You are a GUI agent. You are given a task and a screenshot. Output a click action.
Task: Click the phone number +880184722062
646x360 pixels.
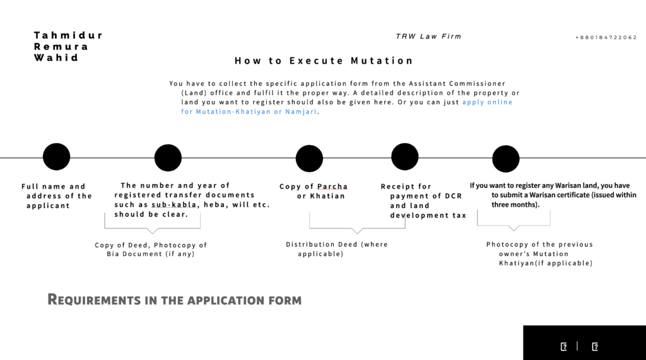coord(606,37)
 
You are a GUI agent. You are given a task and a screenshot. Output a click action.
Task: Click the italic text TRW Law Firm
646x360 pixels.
coord(428,36)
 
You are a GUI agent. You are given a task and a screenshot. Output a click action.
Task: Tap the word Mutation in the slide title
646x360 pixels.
coord(382,61)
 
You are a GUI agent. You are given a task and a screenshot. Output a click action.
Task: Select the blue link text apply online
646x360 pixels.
coord(488,102)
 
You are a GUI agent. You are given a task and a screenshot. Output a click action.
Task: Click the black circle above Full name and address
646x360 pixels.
coord(56,156)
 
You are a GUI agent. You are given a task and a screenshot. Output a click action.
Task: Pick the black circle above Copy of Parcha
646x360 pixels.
coord(309,159)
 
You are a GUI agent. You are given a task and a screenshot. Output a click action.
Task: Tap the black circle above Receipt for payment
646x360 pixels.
coord(404,156)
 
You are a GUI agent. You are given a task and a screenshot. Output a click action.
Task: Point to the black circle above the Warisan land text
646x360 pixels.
coord(505,159)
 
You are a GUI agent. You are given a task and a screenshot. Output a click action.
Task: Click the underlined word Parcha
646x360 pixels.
coord(332,187)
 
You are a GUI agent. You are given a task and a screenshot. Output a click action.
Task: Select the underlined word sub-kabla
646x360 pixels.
coord(174,205)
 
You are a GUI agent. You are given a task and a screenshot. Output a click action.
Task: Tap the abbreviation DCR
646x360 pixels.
coord(454,196)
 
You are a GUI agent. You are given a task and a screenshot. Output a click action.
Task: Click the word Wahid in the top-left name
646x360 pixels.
coord(56,57)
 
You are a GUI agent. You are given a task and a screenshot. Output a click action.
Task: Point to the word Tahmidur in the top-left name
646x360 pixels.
coord(68,35)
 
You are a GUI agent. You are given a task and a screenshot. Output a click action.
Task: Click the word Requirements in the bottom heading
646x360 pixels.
coord(94,300)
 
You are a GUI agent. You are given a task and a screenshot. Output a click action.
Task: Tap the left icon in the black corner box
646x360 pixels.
coord(563,347)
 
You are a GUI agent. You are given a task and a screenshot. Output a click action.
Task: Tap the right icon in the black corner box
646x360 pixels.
coord(594,347)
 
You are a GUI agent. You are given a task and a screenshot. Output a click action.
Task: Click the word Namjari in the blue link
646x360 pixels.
coord(301,112)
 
